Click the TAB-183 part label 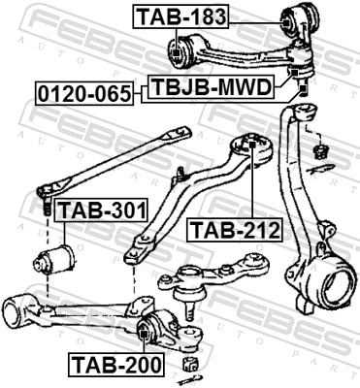(x=181, y=16)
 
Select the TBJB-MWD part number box (x=212, y=86)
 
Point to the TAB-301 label (x=102, y=210)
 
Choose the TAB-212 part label (x=235, y=230)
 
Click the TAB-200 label (x=116, y=365)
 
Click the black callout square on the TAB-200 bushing (x=143, y=333)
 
